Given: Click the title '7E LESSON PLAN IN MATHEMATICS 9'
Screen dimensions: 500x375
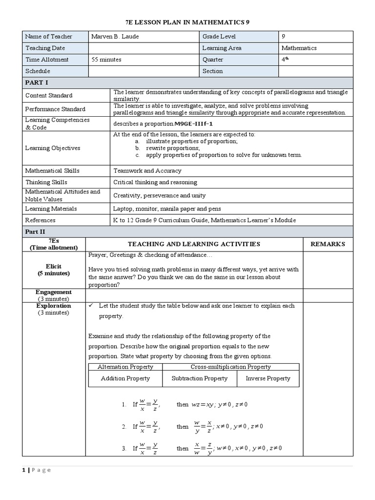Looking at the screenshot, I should click(x=187, y=22).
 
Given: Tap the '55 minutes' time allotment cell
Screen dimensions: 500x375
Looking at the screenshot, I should click(x=107, y=60).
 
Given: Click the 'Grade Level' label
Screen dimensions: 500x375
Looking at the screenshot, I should click(x=219, y=37).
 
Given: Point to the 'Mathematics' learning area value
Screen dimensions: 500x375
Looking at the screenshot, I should click(x=299, y=48).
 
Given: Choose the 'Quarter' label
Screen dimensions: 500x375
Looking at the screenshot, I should click(x=213, y=60).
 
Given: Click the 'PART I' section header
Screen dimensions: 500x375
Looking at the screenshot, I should click(x=37, y=83).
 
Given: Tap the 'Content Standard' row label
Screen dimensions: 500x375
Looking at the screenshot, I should click(x=49, y=95).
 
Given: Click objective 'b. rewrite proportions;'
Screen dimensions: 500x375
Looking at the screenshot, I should click(x=167, y=148).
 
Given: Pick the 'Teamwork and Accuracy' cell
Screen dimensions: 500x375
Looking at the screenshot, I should click(x=147, y=171).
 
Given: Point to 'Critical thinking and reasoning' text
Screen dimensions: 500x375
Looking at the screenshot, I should click(x=155, y=182).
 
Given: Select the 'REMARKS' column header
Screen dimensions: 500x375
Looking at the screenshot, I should click(x=328, y=244).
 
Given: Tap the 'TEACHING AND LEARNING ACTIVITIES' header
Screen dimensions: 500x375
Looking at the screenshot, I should click(x=194, y=244).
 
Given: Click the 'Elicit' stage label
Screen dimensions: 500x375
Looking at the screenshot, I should click(x=54, y=267).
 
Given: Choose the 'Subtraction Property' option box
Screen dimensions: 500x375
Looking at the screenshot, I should click(x=200, y=378).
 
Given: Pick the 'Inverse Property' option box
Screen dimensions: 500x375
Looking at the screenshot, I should click(x=268, y=378).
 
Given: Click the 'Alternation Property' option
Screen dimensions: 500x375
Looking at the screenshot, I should click(x=125, y=367).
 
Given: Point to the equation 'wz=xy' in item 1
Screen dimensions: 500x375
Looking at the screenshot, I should click(x=203, y=404).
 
